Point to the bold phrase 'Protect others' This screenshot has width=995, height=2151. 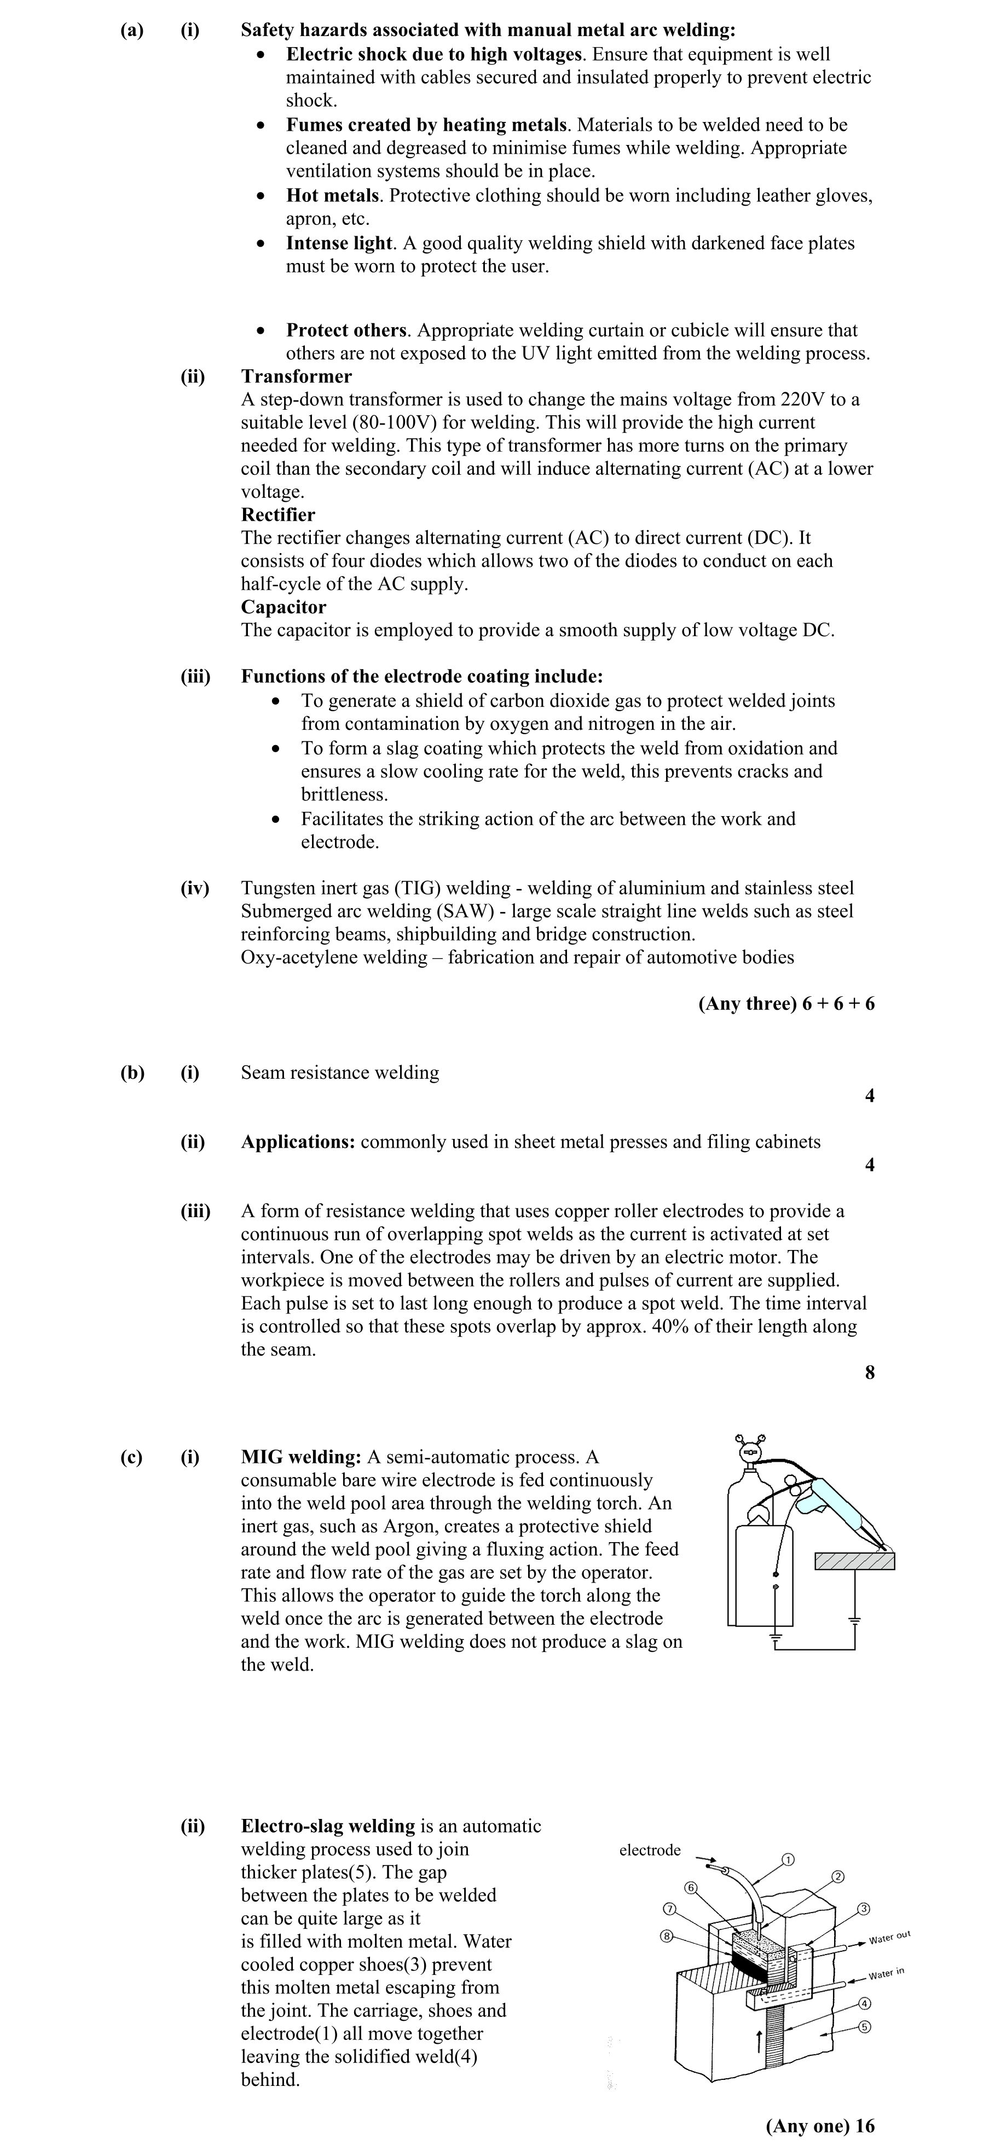point(346,330)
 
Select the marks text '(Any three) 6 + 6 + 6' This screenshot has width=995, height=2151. point(786,1004)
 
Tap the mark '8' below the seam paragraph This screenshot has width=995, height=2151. point(870,1373)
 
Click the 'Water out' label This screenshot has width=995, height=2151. point(889,1937)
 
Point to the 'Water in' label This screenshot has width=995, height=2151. point(887,1974)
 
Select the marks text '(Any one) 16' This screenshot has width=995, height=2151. point(819,2125)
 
